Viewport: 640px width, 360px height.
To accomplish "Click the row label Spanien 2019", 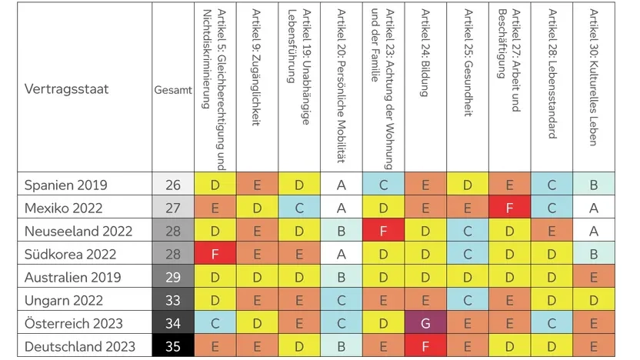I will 65,185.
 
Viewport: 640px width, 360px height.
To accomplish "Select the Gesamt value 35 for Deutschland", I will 173,347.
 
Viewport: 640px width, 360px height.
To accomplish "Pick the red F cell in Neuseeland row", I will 383,232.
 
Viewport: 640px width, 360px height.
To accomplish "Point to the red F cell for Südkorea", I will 215,255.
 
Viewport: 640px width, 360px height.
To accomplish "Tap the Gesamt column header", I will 173,90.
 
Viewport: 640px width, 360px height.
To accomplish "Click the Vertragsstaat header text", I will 67,89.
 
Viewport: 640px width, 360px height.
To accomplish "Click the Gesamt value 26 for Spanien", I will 173,185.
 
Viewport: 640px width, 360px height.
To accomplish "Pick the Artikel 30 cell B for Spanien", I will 594,185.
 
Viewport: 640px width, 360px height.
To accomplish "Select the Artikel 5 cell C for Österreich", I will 215,324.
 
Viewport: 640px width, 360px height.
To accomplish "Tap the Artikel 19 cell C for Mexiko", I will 298,208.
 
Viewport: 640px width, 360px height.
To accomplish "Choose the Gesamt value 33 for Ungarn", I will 173,301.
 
